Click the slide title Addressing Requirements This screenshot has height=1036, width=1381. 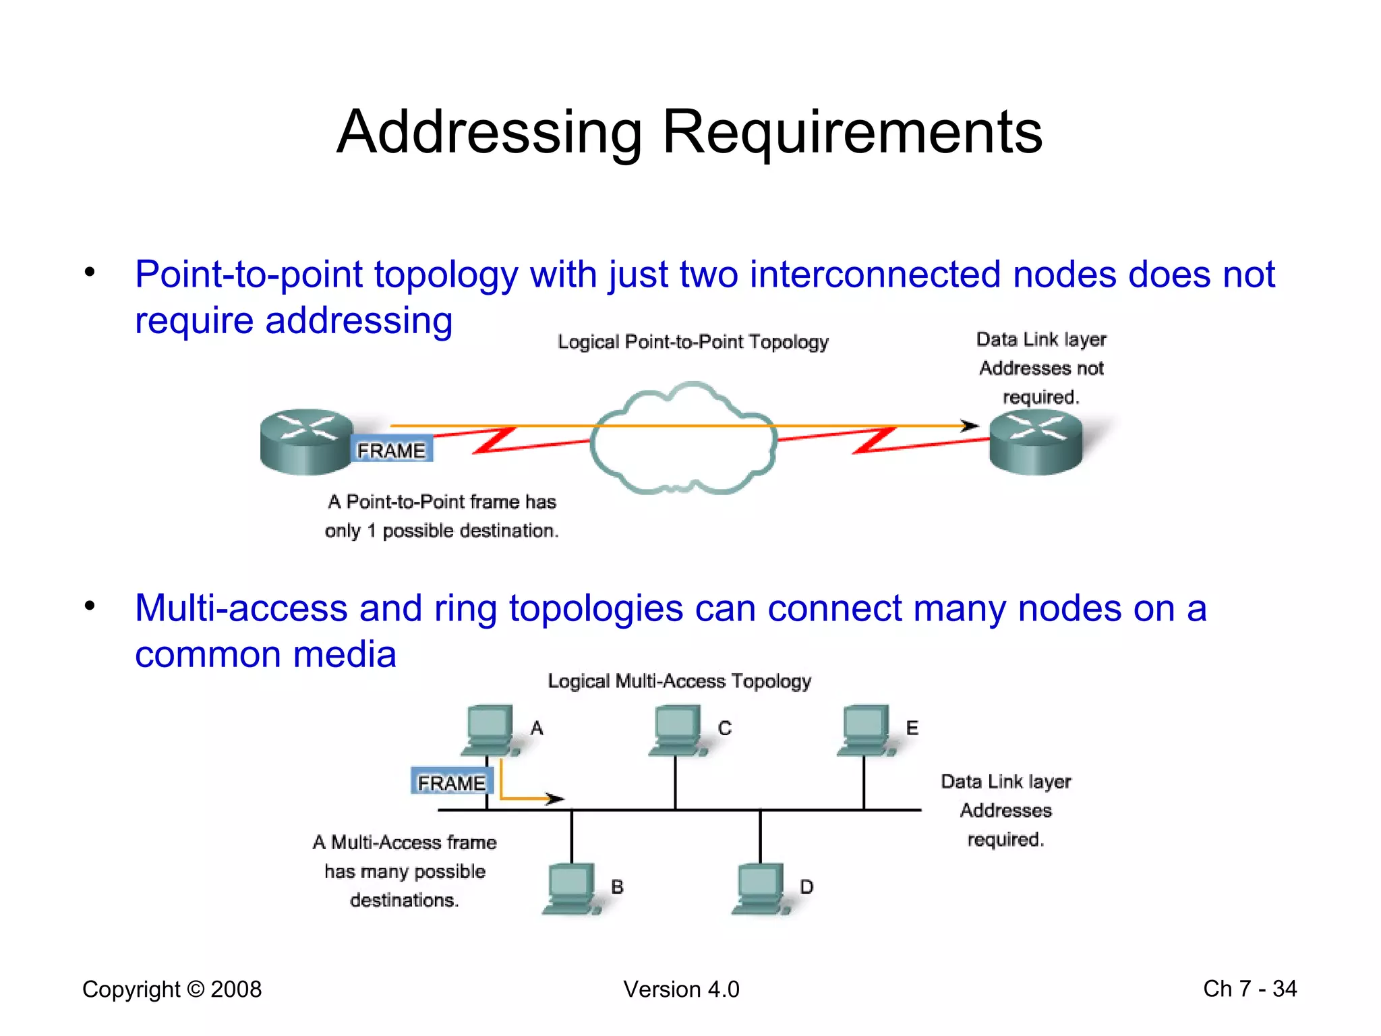[x=689, y=132]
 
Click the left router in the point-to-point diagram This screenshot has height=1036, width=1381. [x=306, y=441]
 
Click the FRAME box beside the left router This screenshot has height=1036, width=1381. [x=391, y=450]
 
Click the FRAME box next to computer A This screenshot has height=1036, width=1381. [x=451, y=782]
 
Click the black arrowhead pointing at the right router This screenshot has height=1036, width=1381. [x=970, y=426]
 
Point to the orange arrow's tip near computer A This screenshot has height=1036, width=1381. [x=556, y=799]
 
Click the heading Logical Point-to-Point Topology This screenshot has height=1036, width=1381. [x=693, y=342]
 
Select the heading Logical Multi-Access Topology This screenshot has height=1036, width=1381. [x=679, y=681]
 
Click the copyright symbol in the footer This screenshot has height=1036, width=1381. [x=196, y=989]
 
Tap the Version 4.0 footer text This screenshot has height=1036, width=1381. [x=681, y=989]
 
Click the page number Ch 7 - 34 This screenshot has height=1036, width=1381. [x=1250, y=989]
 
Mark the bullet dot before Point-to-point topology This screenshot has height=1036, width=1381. [x=90, y=272]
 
